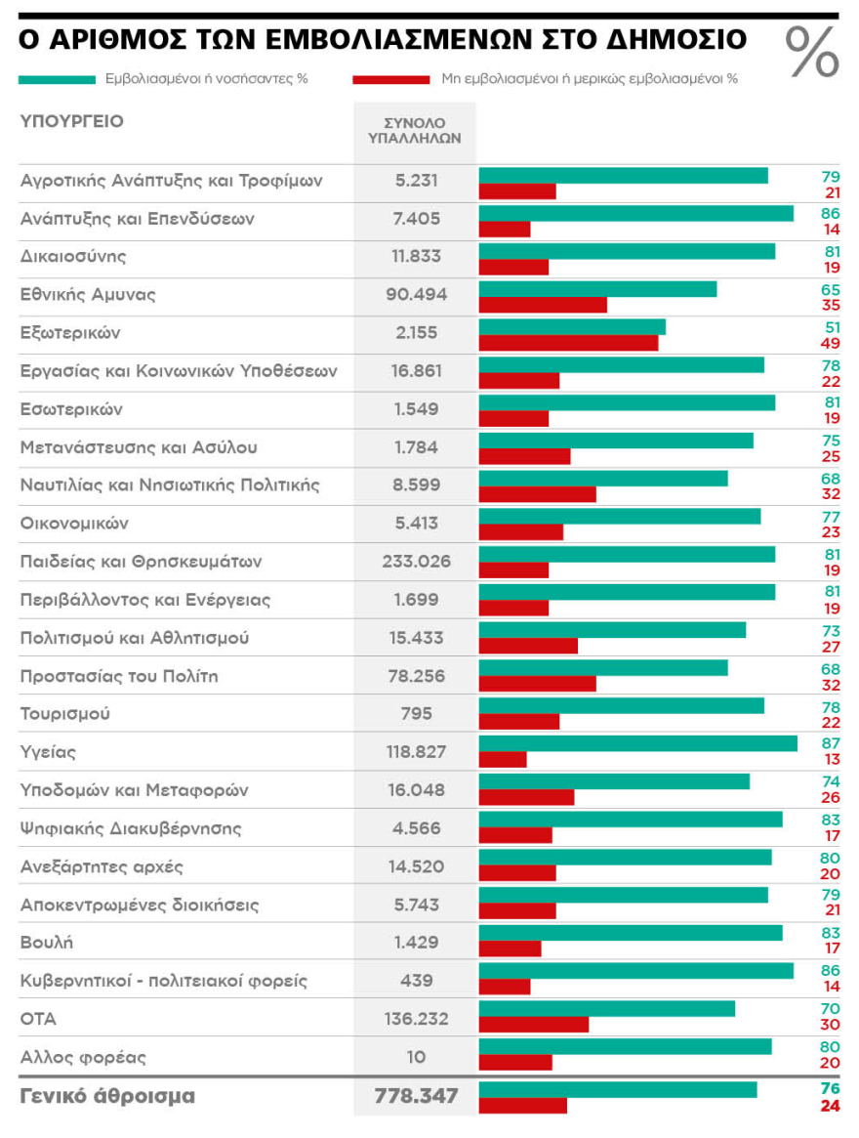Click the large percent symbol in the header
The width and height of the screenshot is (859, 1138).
(812, 52)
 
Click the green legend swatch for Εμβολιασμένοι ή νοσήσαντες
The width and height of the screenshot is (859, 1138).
(56, 79)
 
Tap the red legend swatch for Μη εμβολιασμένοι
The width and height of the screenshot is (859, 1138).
(391, 79)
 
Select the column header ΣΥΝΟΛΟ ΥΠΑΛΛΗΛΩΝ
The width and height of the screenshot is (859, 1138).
(415, 131)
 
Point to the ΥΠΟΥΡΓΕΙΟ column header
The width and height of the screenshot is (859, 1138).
(72, 121)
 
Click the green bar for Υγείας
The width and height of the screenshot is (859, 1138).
(637, 744)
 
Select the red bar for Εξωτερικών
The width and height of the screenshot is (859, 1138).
(568, 343)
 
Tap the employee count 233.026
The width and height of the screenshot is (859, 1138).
(415, 562)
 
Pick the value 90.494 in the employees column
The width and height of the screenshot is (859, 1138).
(415, 294)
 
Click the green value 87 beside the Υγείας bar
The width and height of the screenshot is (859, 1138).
(831, 744)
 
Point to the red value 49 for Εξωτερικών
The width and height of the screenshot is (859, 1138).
(831, 343)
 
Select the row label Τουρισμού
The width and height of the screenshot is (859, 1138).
(65, 713)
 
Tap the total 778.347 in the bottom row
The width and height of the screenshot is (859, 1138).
(416, 1096)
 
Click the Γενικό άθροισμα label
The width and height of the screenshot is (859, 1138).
(107, 1096)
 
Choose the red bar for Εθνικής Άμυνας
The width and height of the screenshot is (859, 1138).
(543, 305)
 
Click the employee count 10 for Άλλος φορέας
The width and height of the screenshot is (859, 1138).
(416, 1057)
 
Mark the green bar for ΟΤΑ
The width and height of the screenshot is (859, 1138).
(606, 1009)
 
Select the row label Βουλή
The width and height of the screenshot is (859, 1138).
(47, 943)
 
